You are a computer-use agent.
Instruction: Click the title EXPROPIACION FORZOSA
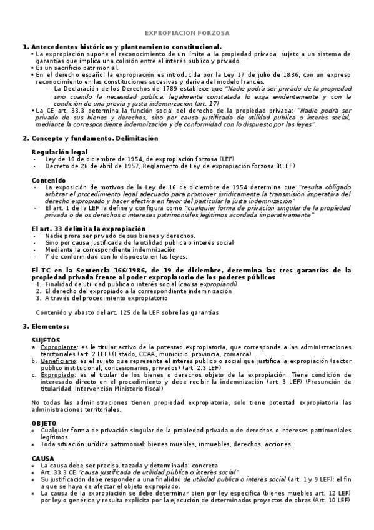(187, 32)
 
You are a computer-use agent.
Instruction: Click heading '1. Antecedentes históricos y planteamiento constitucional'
(122, 47)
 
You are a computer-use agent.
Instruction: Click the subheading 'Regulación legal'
(59, 152)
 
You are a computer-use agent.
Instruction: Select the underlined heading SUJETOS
(46, 340)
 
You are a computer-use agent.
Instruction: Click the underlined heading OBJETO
(44, 424)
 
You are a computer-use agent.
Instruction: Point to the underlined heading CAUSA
(42, 459)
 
